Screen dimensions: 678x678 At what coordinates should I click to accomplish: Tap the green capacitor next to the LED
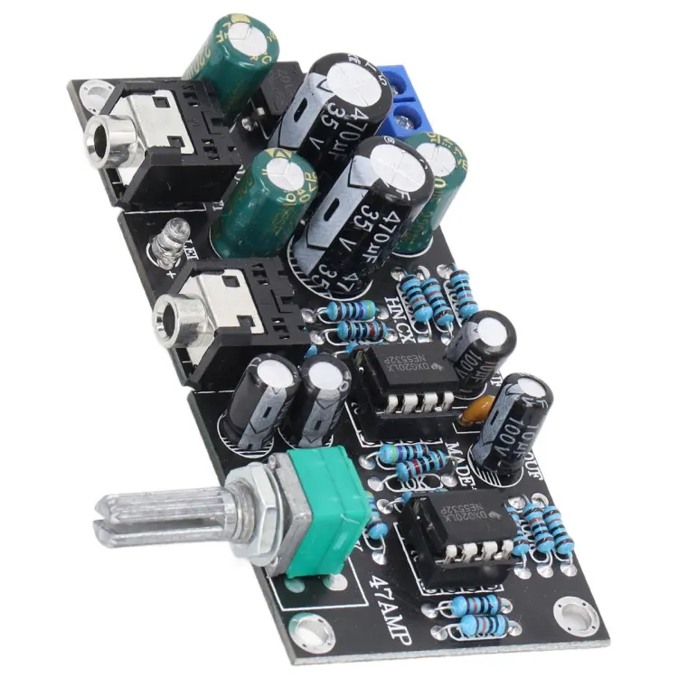click(253, 203)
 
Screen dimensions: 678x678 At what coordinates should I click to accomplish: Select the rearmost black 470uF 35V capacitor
click(330, 104)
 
